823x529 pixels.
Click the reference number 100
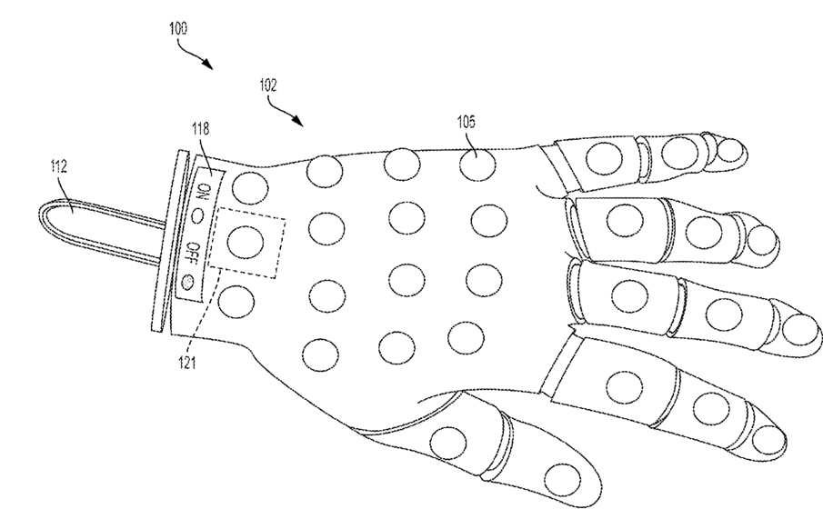tap(177, 29)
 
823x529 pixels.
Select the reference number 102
tap(267, 88)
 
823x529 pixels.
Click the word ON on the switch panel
tap(204, 190)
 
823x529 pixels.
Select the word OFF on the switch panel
tap(193, 251)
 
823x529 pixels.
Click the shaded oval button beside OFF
tap(187, 281)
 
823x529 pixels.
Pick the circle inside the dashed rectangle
tap(244, 242)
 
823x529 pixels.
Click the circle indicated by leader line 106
tap(477, 165)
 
